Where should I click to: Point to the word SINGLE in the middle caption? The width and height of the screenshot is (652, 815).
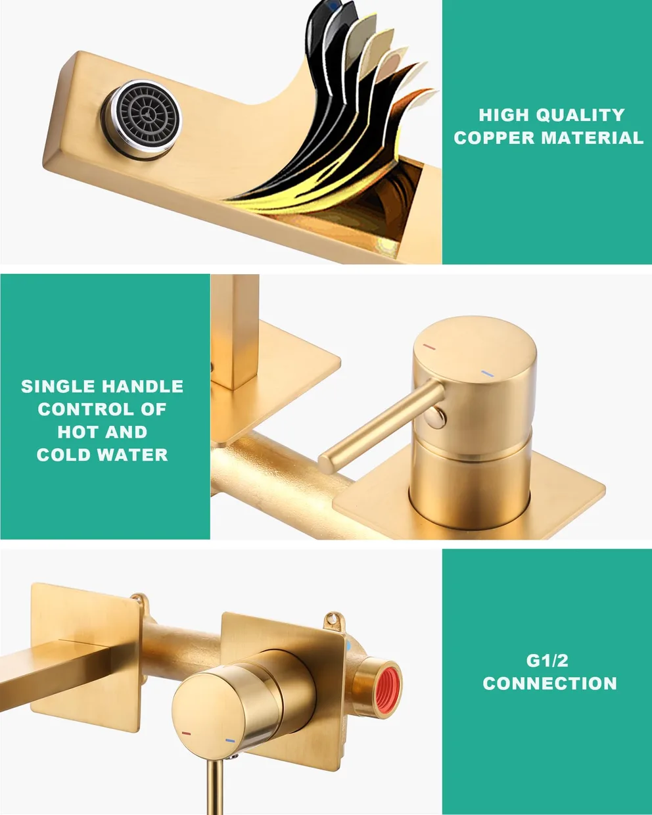click(x=57, y=386)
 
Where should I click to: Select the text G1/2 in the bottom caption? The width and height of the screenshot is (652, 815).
click(x=547, y=661)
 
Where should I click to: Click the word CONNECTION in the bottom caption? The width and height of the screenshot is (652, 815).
click(x=549, y=684)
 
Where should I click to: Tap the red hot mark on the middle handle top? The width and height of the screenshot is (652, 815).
click(x=430, y=346)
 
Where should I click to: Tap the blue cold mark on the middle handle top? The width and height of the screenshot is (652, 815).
click(x=488, y=374)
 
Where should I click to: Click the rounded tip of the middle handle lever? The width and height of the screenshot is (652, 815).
click(x=325, y=463)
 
